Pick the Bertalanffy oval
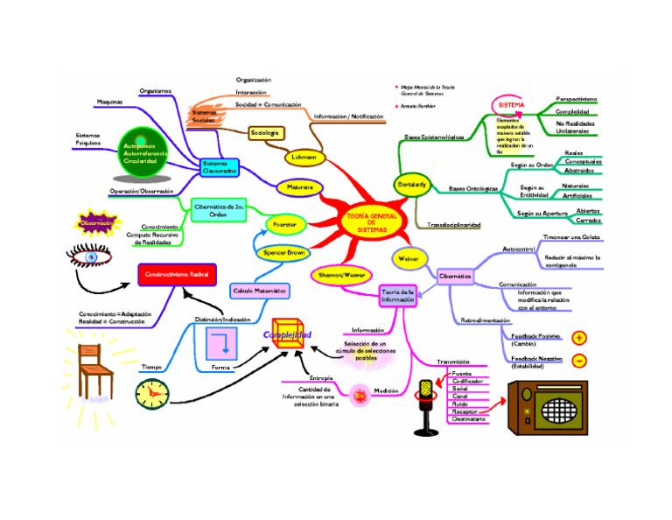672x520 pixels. pyautogui.click(x=412, y=186)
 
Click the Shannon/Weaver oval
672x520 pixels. pyautogui.click(x=342, y=275)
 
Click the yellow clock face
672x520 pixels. pyautogui.click(x=152, y=395)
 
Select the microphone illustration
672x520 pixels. pyautogui.click(x=428, y=404)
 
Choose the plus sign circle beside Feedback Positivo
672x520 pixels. pyautogui.click(x=579, y=338)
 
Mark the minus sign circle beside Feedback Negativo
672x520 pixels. pyautogui.click(x=579, y=360)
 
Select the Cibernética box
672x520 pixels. pyautogui.click(x=455, y=276)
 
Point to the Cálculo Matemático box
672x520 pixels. pyautogui.click(x=260, y=290)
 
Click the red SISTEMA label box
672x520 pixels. pyautogui.click(x=511, y=105)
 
